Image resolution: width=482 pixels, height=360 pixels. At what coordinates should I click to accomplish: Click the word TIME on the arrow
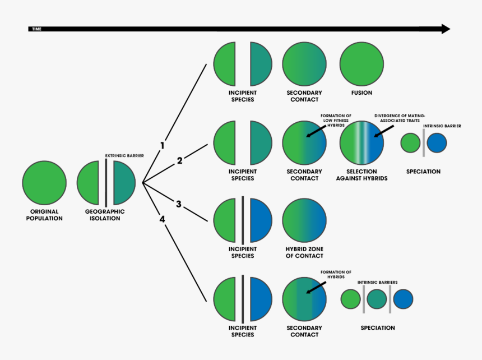[37, 28]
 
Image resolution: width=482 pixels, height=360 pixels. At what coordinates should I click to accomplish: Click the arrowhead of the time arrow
[446, 29]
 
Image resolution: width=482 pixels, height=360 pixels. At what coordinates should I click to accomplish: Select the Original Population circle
[44, 183]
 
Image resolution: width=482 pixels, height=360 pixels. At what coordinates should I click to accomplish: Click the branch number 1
[163, 145]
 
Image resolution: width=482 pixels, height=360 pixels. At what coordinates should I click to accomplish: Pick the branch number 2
[179, 161]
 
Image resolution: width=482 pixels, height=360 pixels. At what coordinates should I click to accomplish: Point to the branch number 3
[178, 204]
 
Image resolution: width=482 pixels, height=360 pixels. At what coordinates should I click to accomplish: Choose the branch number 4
[163, 219]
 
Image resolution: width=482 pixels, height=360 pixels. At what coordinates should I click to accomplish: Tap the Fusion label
[362, 93]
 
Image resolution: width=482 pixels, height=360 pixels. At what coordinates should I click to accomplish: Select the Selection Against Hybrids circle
[362, 142]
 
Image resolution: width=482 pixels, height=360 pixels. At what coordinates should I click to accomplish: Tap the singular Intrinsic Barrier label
[443, 126]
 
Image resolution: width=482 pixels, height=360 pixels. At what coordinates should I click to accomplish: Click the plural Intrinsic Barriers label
[377, 282]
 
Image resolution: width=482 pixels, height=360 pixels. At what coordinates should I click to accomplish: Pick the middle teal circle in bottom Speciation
[377, 299]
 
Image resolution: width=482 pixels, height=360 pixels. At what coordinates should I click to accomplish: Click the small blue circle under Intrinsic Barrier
[437, 143]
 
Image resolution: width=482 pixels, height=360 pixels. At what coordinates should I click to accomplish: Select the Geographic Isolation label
[105, 215]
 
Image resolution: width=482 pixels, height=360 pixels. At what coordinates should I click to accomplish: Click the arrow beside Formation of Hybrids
[317, 287]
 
